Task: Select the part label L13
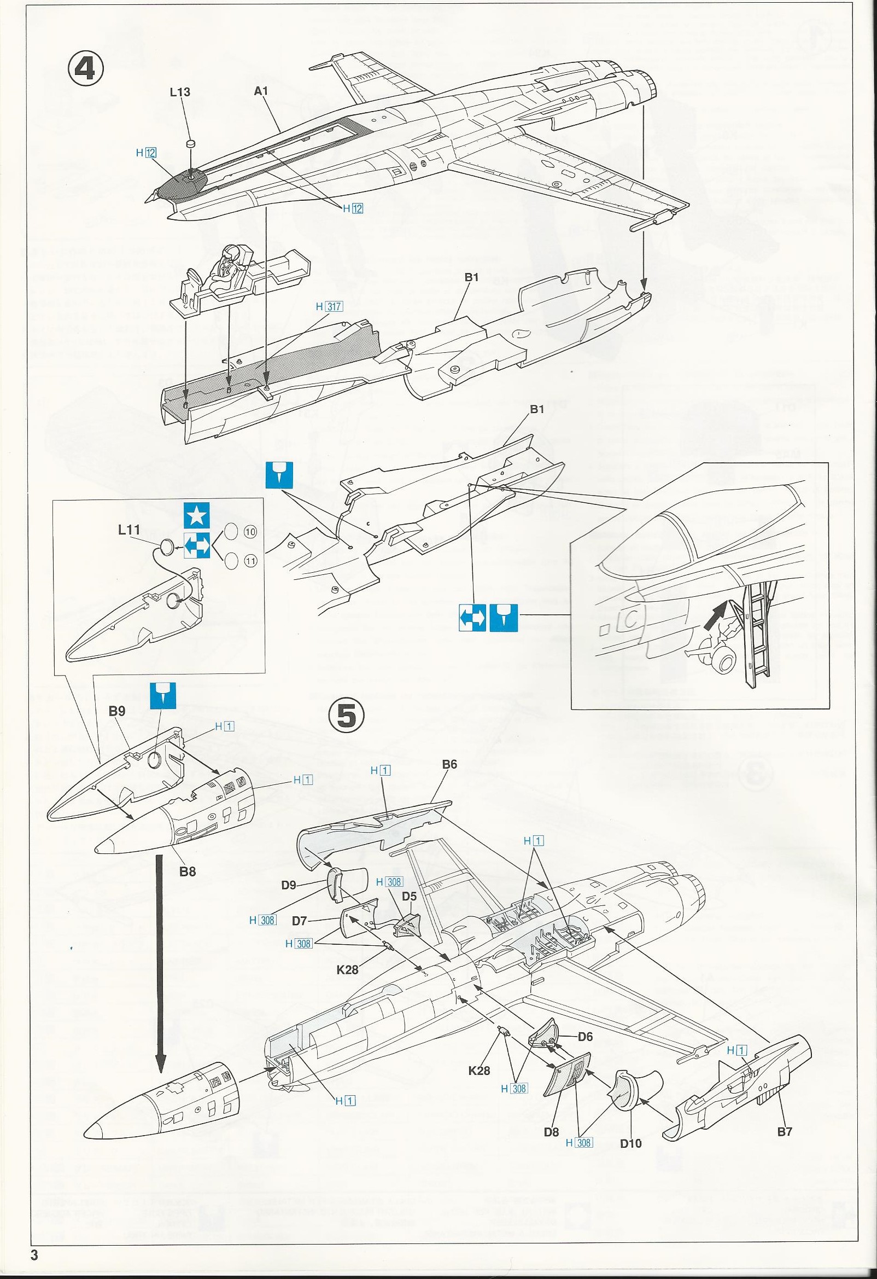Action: point(180,92)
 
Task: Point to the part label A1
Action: point(261,91)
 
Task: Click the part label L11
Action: point(128,530)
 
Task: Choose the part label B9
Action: point(116,711)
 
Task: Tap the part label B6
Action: point(449,764)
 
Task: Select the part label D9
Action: point(289,886)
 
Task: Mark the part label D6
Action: point(585,1036)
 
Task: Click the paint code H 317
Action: point(329,306)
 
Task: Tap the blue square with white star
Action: point(197,515)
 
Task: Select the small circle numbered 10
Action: point(250,532)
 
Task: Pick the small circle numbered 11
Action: point(250,561)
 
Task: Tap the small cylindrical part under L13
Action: point(191,144)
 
